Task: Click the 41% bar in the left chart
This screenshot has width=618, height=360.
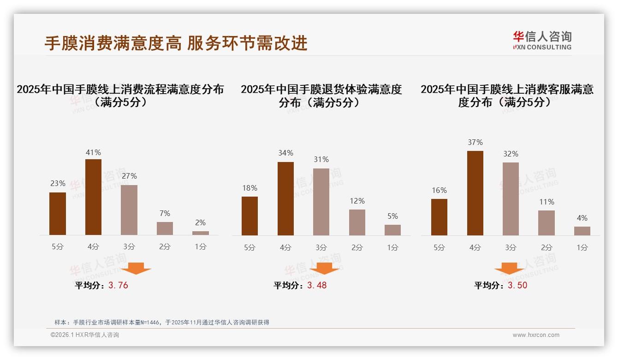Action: click(93, 197)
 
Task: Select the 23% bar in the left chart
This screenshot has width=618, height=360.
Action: click(58, 214)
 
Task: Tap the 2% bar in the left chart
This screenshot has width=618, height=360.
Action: click(201, 233)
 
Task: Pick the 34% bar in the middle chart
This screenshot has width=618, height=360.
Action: click(285, 198)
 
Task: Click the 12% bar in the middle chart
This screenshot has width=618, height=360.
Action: click(357, 222)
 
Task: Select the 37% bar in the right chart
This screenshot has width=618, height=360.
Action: click(475, 193)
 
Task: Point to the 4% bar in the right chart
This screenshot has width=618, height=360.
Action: click(582, 231)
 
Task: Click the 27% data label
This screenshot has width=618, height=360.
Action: click(129, 176)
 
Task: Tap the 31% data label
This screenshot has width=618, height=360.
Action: click(321, 159)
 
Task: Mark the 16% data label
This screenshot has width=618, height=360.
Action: click(439, 190)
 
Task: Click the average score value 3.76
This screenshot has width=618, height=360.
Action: click(118, 285)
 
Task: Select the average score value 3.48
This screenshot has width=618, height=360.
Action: click(317, 285)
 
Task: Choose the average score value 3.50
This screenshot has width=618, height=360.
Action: click(517, 285)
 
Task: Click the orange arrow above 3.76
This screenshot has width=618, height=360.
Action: click(136, 268)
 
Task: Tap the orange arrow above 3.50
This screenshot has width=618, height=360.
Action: click(509, 268)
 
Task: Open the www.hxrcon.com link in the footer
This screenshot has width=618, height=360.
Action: click(536, 335)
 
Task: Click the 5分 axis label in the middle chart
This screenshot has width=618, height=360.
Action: click(250, 247)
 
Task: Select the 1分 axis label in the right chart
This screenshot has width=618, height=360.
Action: click(582, 247)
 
